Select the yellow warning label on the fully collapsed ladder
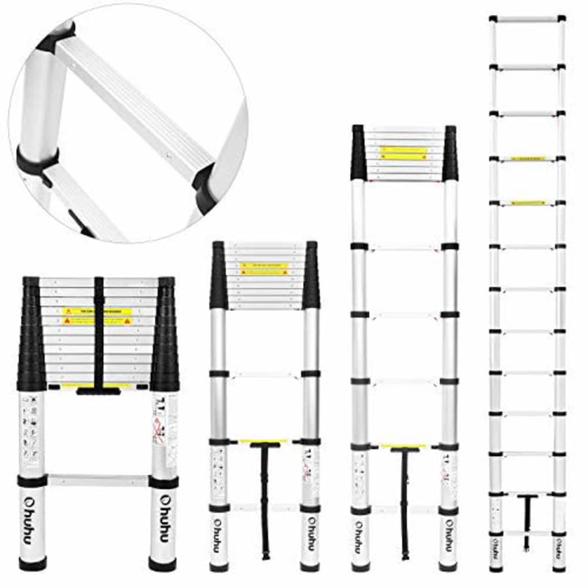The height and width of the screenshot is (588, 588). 97,316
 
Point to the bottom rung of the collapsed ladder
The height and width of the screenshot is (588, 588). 97,480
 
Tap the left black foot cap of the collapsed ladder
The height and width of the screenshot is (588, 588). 32,563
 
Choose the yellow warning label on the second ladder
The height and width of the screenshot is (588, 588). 264,269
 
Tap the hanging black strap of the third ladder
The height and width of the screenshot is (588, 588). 404,503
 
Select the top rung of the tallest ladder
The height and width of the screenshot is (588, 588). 527,19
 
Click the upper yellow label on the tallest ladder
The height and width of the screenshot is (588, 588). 527,159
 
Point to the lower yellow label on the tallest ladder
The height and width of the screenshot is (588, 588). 527,203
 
